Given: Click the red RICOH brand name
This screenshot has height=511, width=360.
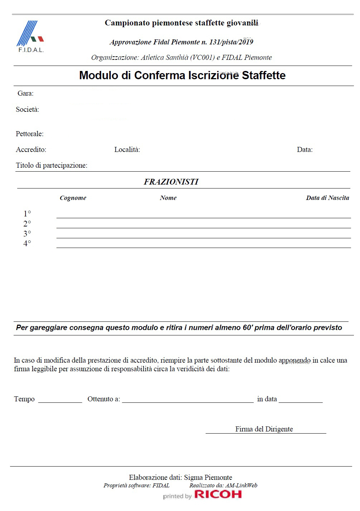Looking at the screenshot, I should (x=218, y=495).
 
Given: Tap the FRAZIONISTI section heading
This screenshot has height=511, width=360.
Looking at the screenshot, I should (x=171, y=182).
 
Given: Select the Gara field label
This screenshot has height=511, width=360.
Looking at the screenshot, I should (x=25, y=94).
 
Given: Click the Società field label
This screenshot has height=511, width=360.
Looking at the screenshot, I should (x=28, y=110).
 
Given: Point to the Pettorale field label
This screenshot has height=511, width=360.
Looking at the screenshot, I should (x=30, y=134).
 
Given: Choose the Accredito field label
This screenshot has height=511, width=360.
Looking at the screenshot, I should (x=31, y=150).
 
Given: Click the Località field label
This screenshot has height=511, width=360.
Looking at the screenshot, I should (x=127, y=150).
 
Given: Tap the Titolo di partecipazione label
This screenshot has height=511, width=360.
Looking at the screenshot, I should (x=52, y=166).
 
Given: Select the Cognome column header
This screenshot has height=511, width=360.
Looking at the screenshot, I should (x=73, y=198).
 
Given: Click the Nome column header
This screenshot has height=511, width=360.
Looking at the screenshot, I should (x=168, y=198).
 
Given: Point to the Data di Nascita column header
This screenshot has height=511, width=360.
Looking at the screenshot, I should (x=327, y=198).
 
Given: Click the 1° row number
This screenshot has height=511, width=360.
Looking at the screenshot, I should (x=27, y=214).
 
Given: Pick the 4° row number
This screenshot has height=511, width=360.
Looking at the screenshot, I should (x=27, y=244).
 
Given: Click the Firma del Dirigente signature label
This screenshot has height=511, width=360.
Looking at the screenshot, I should (x=264, y=429).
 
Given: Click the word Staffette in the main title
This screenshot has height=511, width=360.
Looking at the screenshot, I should (x=264, y=76).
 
